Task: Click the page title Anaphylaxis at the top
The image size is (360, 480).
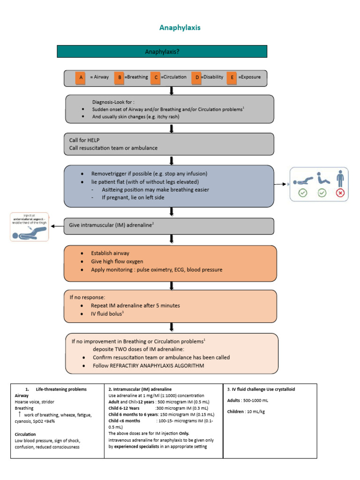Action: [180, 28]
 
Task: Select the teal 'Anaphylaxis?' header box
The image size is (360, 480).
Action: [162, 52]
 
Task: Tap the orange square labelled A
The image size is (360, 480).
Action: [81, 77]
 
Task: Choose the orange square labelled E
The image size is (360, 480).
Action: [232, 77]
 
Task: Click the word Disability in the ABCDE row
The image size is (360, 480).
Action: [213, 77]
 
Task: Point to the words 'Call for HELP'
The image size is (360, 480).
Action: [84, 140]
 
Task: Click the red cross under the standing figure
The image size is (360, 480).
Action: [340, 193]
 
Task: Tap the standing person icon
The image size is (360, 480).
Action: [340, 179]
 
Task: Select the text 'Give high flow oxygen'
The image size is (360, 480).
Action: [117, 261]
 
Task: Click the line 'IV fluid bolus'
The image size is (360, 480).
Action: [107, 314]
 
